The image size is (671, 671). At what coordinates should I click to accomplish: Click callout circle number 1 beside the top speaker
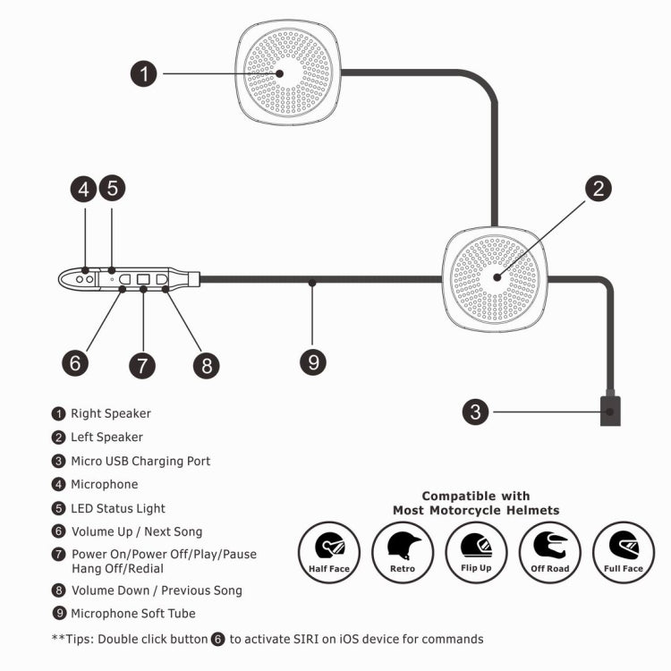click(x=145, y=73)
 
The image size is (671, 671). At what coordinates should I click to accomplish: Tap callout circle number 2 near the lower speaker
click(x=599, y=189)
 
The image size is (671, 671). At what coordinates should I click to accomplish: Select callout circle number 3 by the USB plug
click(x=476, y=412)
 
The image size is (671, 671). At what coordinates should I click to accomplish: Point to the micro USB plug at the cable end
click(x=610, y=412)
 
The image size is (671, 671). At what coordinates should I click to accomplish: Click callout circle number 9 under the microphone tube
click(x=312, y=361)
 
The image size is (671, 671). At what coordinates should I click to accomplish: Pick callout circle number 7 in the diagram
click(x=141, y=365)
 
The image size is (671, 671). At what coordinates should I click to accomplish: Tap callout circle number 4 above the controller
click(x=84, y=189)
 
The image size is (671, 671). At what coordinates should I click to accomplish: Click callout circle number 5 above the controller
click(x=112, y=189)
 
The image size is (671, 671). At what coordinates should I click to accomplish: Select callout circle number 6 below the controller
click(x=76, y=361)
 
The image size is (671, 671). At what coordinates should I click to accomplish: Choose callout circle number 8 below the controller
click(x=206, y=365)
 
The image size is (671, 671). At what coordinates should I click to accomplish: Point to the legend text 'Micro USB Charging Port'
click(x=140, y=461)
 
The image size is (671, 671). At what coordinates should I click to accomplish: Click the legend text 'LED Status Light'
click(x=117, y=508)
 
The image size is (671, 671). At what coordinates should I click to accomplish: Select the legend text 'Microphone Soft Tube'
click(x=132, y=613)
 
